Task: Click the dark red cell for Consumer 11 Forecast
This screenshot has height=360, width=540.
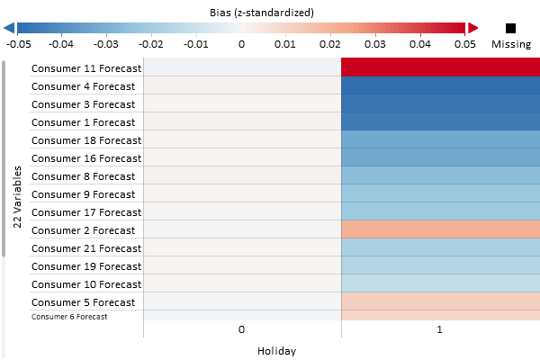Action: (x=440, y=67)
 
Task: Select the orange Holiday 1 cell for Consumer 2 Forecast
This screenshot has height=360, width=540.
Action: (x=440, y=229)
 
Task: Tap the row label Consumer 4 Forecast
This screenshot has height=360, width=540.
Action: (x=84, y=86)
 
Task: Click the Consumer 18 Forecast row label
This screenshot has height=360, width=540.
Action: (x=86, y=140)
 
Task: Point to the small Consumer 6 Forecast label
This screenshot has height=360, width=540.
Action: (x=69, y=317)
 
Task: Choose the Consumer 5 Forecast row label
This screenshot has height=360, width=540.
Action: (x=84, y=302)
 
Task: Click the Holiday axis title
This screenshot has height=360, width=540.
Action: (x=276, y=351)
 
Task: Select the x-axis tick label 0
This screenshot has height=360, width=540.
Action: (x=241, y=330)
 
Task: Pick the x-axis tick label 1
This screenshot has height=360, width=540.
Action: (x=440, y=330)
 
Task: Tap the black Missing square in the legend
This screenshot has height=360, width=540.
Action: (x=511, y=28)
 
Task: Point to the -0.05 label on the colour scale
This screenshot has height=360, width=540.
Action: (x=18, y=43)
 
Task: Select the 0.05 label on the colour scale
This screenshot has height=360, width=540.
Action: (x=464, y=43)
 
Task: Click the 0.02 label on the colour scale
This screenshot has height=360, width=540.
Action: (x=330, y=43)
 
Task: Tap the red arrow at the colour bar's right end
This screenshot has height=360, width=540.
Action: (x=470, y=28)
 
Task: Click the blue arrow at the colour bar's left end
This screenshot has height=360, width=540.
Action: (x=10, y=28)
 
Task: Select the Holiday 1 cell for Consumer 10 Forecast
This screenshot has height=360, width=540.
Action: (x=440, y=283)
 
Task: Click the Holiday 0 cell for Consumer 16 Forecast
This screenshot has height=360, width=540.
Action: (x=242, y=157)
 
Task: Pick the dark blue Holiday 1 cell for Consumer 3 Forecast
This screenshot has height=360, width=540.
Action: (x=440, y=103)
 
